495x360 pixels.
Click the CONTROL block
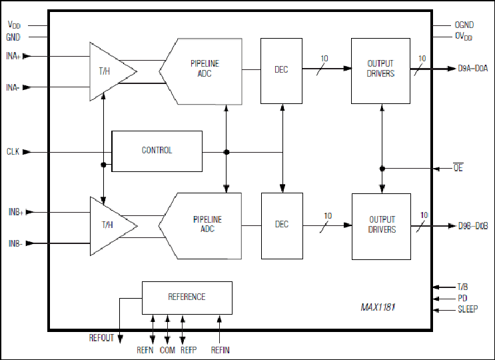tap(157, 151)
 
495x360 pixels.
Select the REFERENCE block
tap(187, 298)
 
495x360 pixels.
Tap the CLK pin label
tap(13, 151)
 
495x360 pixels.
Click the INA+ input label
tap(13, 56)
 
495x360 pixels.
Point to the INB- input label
tap(15, 243)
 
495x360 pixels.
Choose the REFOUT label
tap(101, 338)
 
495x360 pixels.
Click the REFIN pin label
tap(221, 350)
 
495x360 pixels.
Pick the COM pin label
tap(167, 350)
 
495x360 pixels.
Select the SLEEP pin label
tap(468, 309)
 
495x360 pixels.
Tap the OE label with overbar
tap(458, 168)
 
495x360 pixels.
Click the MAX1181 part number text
tap(378, 307)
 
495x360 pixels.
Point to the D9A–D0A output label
tap(473, 68)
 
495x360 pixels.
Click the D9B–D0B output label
tap(473, 226)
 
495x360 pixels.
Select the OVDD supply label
tap(464, 36)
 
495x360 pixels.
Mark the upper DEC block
tap(281, 71)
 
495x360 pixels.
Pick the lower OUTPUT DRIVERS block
tap(381, 227)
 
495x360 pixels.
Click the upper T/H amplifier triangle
tap(113, 72)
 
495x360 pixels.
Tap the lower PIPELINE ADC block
tap(200, 226)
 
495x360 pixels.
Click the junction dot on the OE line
tap(382, 169)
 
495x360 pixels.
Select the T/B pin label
tap(462, 287)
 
